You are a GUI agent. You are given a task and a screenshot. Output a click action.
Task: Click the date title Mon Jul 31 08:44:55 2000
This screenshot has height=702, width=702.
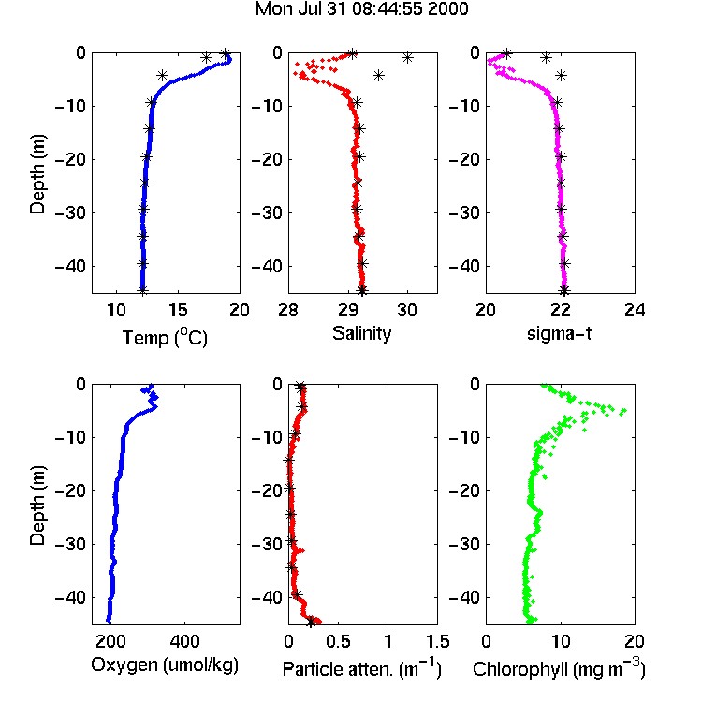click(361, 9)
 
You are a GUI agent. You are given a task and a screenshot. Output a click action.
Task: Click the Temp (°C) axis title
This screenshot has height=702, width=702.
click(165, 337)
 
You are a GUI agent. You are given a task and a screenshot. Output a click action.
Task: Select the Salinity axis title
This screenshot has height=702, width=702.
click(361, 333)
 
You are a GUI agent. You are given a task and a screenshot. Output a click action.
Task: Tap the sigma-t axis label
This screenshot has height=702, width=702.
click(559, 333)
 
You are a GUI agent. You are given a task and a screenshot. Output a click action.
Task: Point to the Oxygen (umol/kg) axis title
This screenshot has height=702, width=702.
click(165, 665)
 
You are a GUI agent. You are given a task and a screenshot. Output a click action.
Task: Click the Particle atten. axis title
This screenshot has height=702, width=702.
click(361, 668)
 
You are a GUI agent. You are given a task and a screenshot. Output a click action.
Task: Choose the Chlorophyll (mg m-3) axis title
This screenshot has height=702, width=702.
click(559, 668)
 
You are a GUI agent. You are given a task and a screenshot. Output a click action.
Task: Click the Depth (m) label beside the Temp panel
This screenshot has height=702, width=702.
click(37, 174)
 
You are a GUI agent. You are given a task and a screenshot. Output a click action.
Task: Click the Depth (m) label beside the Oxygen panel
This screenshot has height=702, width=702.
click(37, 505)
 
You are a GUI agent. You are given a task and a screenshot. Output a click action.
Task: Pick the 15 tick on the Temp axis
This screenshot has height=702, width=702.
click(178, 310)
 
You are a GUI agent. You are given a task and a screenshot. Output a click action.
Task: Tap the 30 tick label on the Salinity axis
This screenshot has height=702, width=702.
click(407, 310)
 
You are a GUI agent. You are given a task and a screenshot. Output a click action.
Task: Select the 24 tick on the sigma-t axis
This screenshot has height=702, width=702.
click(635, 310)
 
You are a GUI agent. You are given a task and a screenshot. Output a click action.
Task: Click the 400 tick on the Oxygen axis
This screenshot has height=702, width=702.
click(184, 641)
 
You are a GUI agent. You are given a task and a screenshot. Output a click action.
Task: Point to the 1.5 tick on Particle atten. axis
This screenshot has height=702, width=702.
click(437, 641)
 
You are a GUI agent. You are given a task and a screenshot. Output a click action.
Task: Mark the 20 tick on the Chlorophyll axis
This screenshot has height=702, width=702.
click(635, 641)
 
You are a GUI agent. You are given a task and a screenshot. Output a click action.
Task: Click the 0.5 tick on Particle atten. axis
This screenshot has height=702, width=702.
click(338, 641)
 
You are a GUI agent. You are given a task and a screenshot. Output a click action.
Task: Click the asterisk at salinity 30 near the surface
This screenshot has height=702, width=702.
click(407, 58)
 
